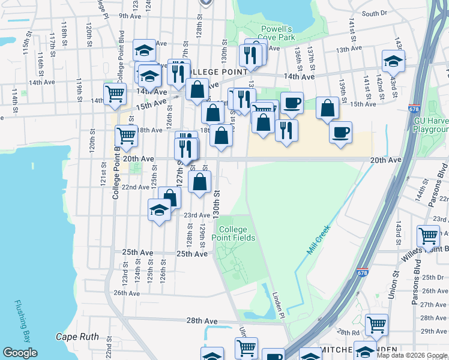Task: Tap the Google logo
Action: pos(20,353)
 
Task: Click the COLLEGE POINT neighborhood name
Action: pos(217,72)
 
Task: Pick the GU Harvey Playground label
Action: pos(431,125)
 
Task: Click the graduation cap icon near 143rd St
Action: pos(393,61)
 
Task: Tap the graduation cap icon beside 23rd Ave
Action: pos(159,211)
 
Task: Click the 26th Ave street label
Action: pos(127,293)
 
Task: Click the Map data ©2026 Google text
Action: pos(411,355)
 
